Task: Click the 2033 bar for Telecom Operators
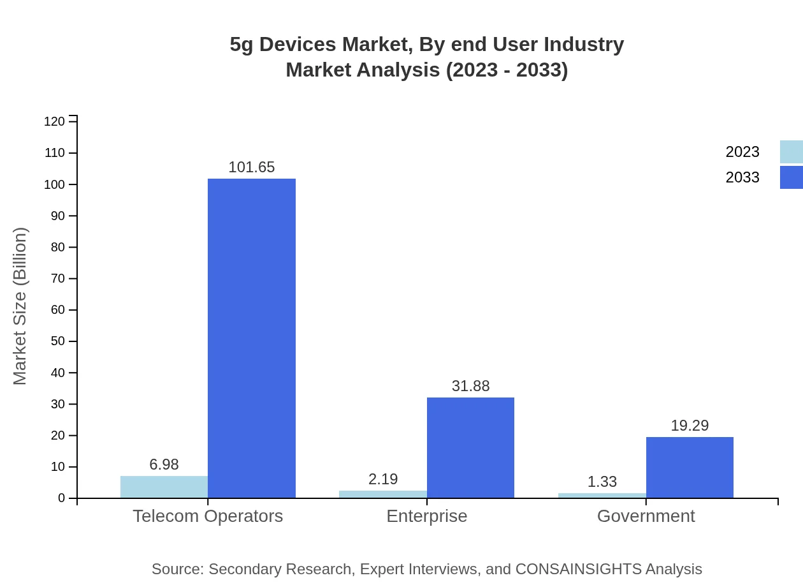252,338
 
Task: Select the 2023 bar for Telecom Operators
164,487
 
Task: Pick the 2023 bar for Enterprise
383,494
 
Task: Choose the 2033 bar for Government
690,468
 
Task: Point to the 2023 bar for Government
602,496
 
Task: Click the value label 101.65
252,167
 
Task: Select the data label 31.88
470,386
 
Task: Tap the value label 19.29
690,426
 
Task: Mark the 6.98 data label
164,464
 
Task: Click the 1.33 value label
602,482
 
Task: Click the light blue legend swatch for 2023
791,152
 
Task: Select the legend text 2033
742,177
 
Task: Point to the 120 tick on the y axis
55,121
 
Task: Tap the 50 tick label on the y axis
58,341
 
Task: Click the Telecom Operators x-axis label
208,516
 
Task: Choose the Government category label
646,516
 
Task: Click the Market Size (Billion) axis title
20,306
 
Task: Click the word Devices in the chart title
298,45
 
